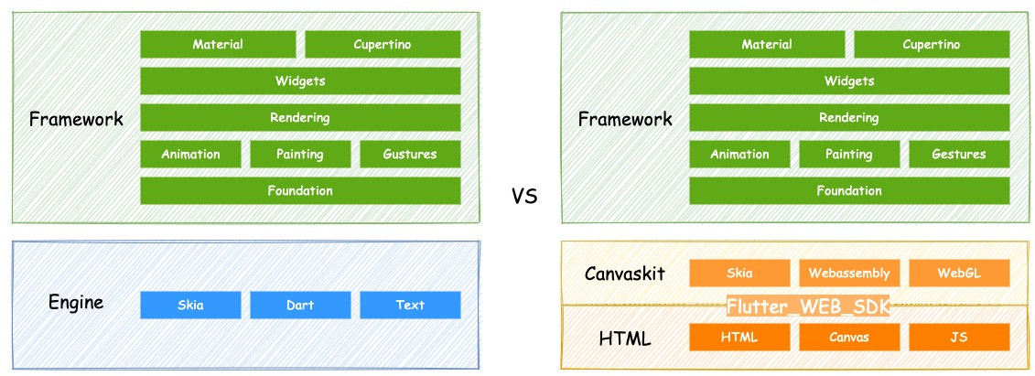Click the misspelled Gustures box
click(410, 154)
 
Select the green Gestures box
click(959, 154)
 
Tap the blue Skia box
click(190, 305)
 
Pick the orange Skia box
click(739, 273)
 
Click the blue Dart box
click(300, 305)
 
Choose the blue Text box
click(410, 305)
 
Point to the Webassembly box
click(849, 273)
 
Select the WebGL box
click(959, 273)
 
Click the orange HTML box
click(739, 337)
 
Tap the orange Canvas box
click(849, 337)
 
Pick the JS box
click(959, 337)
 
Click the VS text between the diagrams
click(523, 195)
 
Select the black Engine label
click(76, 303)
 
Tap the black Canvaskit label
click(625, 274)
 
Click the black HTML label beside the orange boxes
click(625, 338)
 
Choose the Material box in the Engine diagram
click(218, 44)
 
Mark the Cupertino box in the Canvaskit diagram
click(932, 44)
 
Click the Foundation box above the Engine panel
click(300, 190)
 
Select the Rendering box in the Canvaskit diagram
click(849, 117)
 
